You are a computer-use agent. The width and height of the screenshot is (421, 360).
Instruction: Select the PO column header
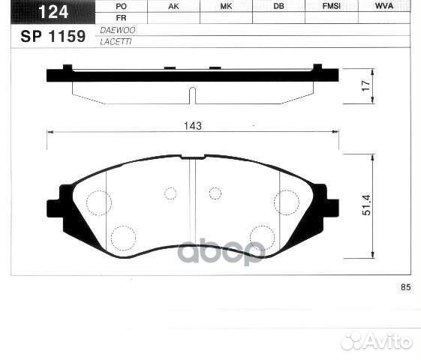click(121, 6)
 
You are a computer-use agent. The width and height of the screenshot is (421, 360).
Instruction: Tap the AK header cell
click(173, 6)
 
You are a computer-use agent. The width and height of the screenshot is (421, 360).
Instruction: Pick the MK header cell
click(226, 6)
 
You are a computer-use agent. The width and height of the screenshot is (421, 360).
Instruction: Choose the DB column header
click(278, 6)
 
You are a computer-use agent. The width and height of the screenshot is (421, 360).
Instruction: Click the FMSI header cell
click(331, 6)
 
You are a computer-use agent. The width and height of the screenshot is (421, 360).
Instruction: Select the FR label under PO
click(121, 17)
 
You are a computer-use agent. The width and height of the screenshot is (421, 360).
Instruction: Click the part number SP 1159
click(53, 34)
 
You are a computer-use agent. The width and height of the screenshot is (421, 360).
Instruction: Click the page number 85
click(406, 288)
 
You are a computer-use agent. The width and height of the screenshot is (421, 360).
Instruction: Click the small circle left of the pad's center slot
click(170, 193)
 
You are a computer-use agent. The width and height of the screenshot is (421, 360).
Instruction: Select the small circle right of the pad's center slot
click(215, 193)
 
